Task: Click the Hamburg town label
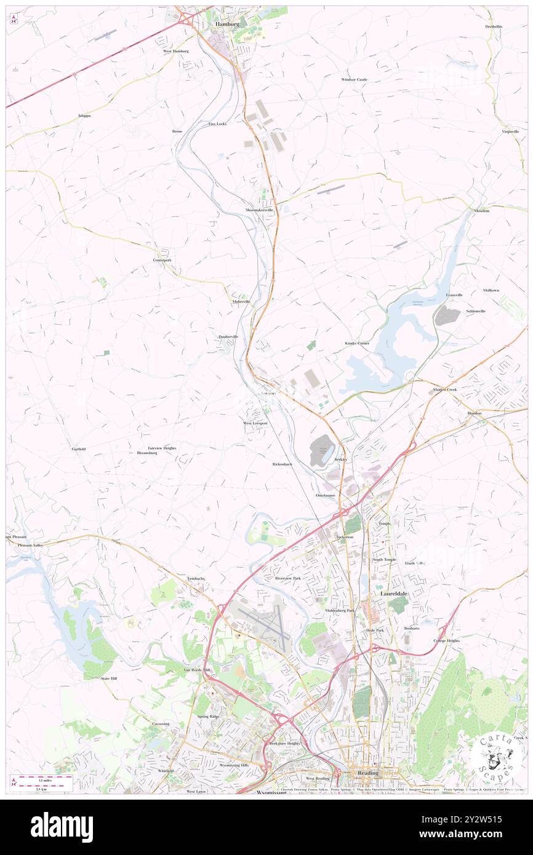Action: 226,23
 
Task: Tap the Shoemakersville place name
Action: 259,210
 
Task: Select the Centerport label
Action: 162,260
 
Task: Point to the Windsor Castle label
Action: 354,79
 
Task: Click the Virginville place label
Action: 510,132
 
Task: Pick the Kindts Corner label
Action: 356,343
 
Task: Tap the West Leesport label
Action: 255,423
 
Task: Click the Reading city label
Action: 369,773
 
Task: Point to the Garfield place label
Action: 78,449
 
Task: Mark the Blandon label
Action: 474,413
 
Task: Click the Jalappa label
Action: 84,116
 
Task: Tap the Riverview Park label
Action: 288,578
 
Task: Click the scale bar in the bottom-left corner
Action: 42,782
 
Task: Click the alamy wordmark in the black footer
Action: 62,827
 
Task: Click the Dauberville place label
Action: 228,336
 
